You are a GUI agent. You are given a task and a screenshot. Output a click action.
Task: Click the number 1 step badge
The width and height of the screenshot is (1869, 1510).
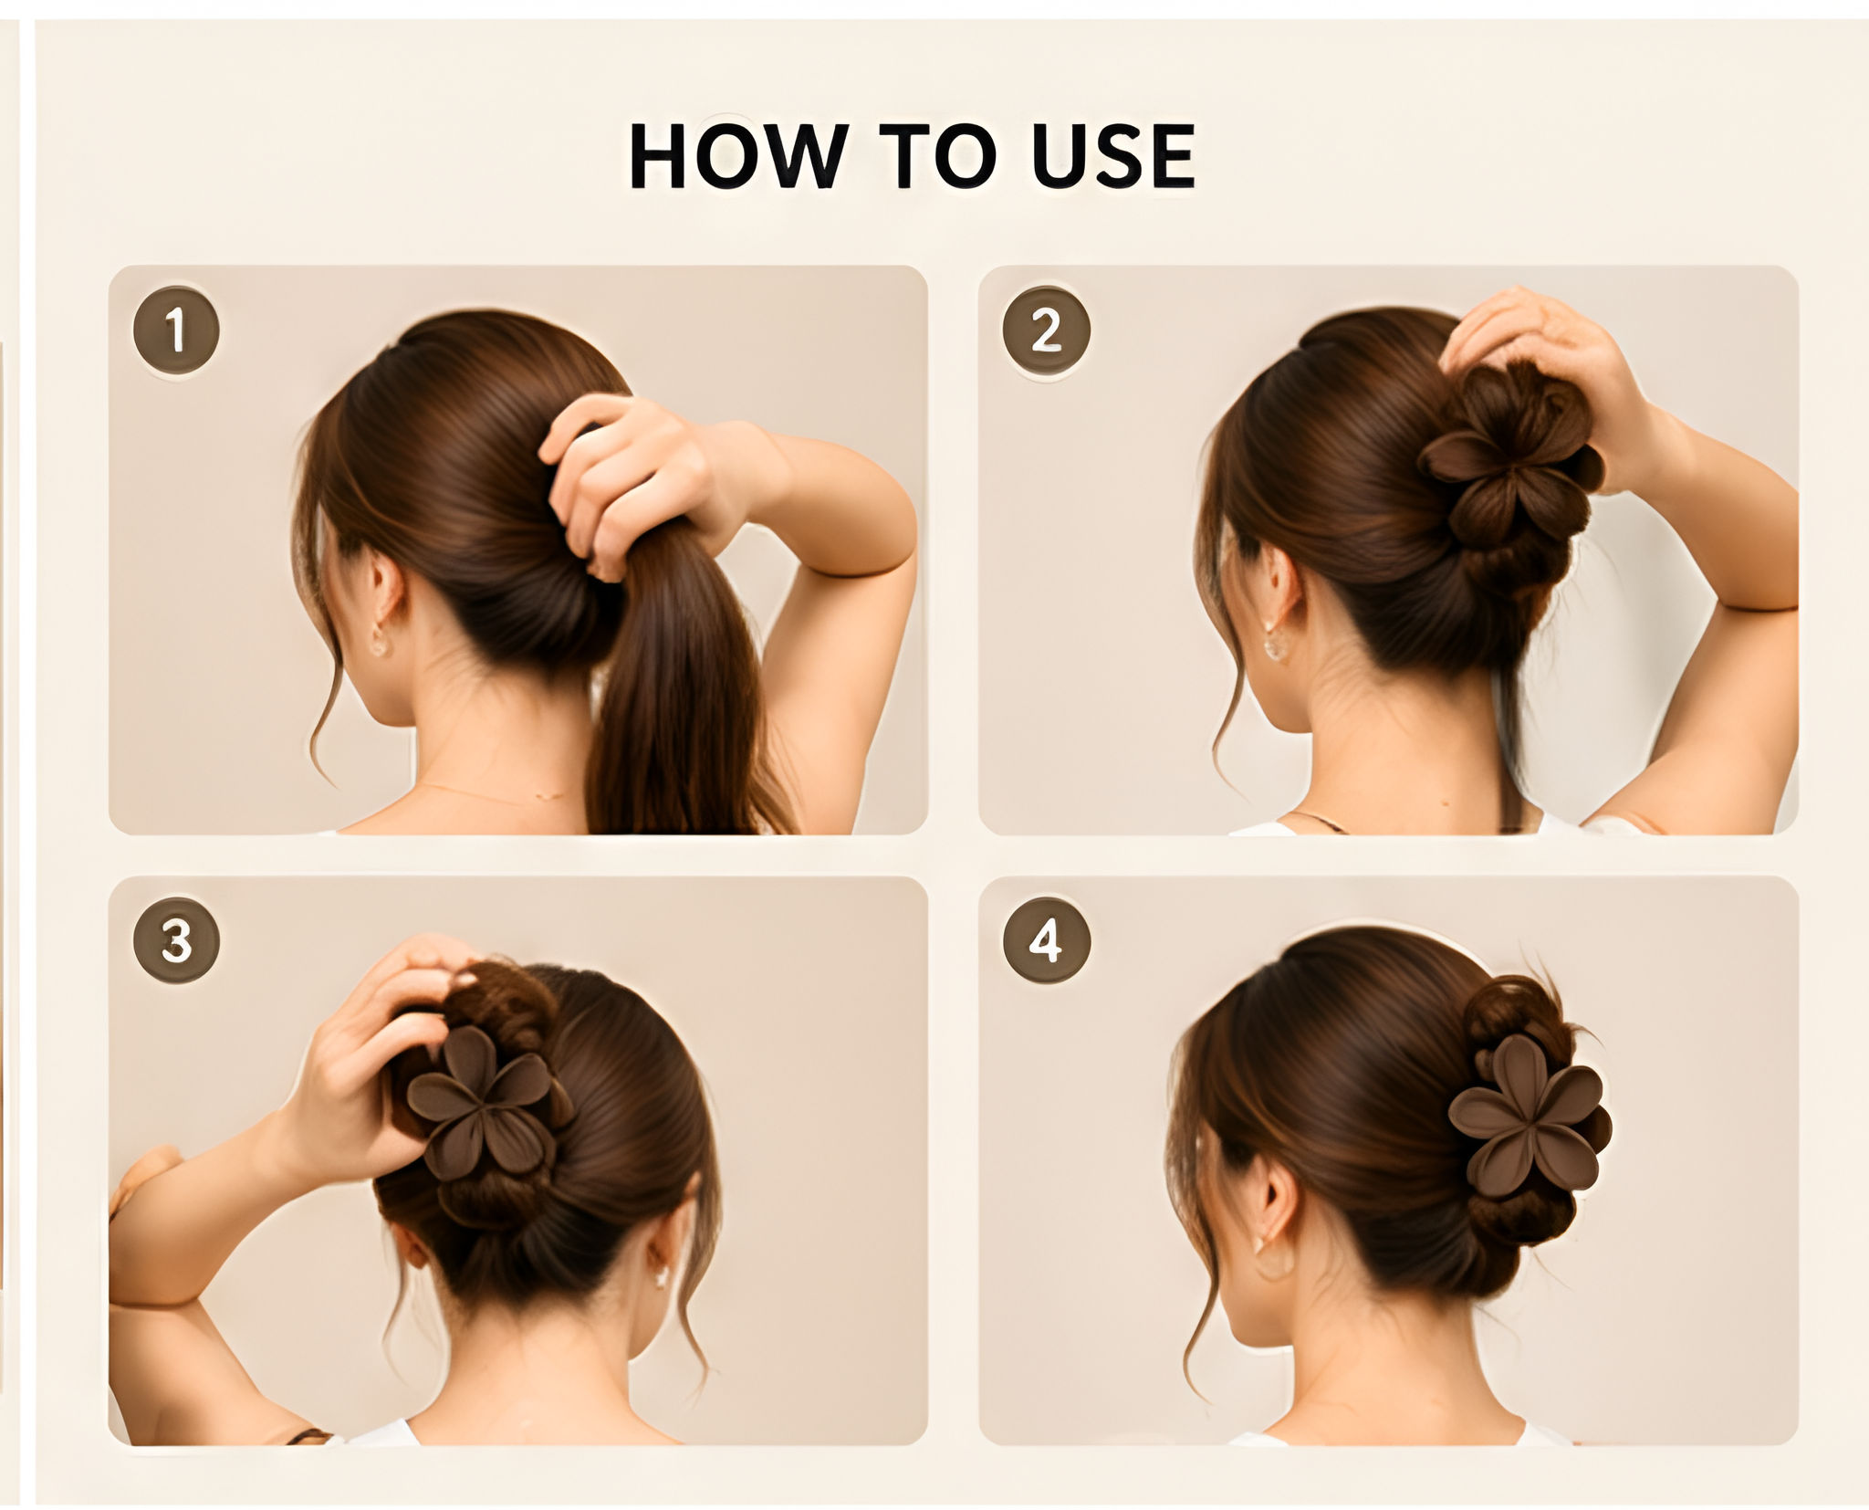pos(176,330)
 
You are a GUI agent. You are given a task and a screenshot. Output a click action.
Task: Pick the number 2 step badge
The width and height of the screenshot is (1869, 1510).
pos(1046,330)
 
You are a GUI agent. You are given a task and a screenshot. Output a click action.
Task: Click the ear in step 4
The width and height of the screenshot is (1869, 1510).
pos(1274,1205)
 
